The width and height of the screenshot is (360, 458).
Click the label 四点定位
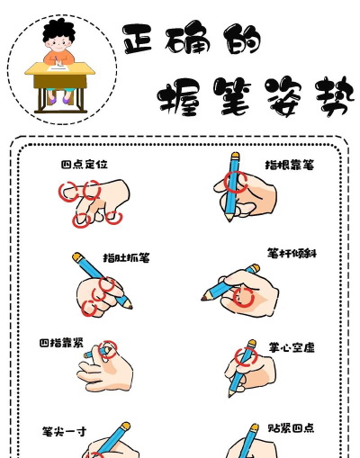tap(85, 165)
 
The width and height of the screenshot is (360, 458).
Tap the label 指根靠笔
tap(290, 165)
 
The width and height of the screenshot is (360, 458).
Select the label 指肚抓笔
tap(126, 257)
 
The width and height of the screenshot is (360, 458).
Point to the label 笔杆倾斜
tap(292, 254)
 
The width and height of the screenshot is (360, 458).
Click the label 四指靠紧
tap(61, 343)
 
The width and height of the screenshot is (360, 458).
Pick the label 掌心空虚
tap(292, 347)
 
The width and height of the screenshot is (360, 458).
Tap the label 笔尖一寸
tap(64, 432)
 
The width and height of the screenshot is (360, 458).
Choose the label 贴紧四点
tap(291, 428)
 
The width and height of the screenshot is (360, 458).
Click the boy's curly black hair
tap(58, 30)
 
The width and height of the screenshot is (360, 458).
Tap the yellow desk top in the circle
tap(60, 68)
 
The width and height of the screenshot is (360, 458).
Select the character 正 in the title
tap(138, 39)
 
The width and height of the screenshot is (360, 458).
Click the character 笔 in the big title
tap(232, 96)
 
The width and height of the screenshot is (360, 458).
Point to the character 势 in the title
tap(335, 96)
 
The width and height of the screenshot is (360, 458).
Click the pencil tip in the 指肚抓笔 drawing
tap(130, 307)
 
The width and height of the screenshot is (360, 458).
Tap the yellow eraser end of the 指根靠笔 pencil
tap(236, 155)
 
